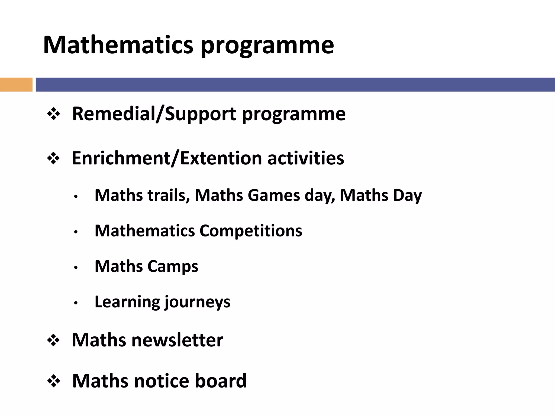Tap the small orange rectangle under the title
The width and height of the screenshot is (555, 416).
tap(16, 84)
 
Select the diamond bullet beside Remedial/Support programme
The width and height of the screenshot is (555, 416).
tap(53, 114)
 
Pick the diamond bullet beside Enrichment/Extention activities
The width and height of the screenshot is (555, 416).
tap(53, 158)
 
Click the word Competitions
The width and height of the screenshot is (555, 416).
tap(251, 231)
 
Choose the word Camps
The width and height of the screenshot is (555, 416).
tap(173, 266)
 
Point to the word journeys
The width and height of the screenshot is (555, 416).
tap(198, 303)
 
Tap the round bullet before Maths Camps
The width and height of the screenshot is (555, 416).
tap(76, 268)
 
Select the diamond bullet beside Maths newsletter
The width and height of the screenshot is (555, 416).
tap(53, 340)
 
